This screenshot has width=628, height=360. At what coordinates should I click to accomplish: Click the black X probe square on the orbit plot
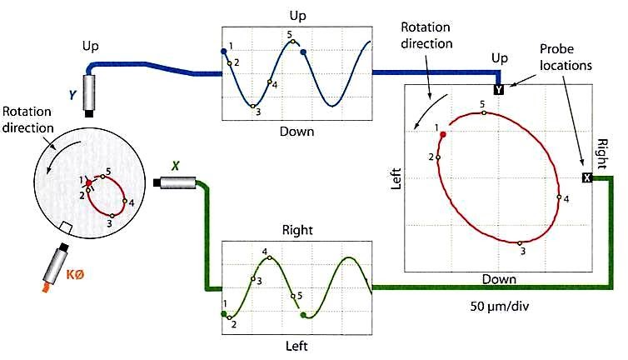pos(586,177)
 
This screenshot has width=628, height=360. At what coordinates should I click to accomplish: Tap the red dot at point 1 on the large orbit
pos(443,133)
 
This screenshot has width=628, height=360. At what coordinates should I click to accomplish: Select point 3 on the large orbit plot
pos(521,242)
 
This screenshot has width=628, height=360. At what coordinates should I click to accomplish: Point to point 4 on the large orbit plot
pos(558,197)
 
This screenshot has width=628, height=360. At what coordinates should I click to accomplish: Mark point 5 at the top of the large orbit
pos(484,112)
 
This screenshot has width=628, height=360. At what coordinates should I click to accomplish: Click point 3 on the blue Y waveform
pos(252,106)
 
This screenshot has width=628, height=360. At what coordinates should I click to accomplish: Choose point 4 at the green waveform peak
pos(269,258)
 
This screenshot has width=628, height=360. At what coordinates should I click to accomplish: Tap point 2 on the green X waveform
pos(232,317)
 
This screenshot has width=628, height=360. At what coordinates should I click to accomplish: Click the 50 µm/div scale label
pos(501,307)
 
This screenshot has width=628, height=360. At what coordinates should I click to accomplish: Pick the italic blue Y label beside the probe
pos(72,97)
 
